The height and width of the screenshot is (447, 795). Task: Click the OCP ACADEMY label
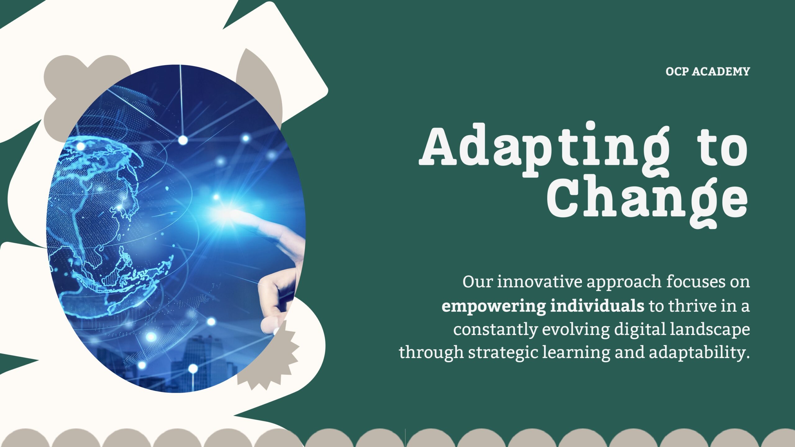[x=708, y=72]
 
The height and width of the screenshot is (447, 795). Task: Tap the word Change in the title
[x=647, y=202]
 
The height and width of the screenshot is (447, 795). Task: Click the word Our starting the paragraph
[x=477, y=282]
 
